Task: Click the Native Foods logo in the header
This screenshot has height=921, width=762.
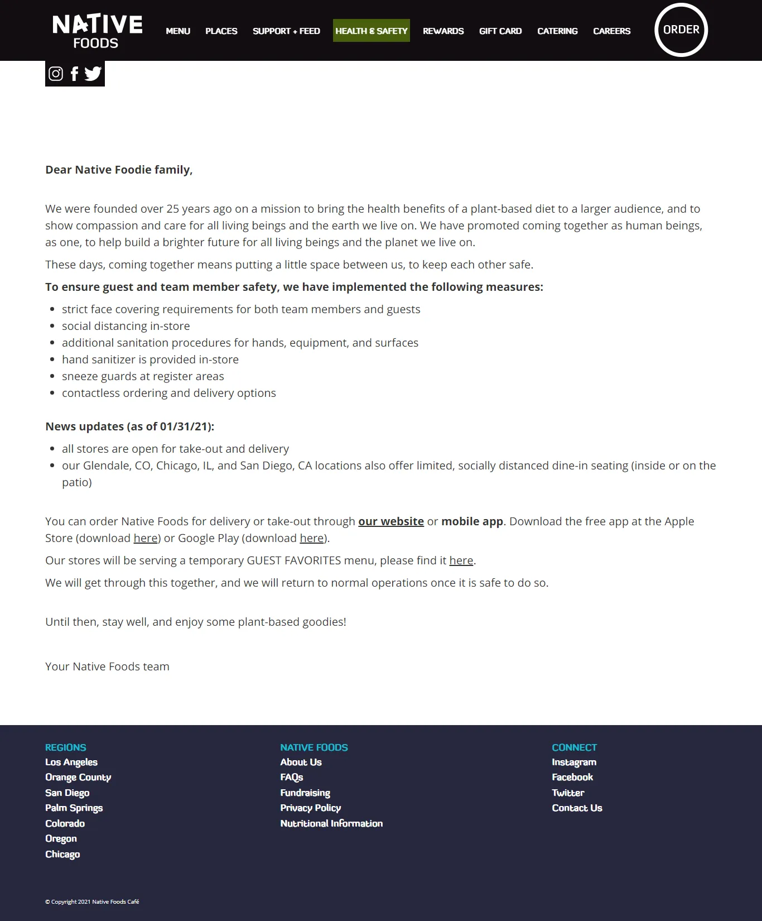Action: pos(97,31)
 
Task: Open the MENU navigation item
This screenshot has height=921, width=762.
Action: pos(178,31)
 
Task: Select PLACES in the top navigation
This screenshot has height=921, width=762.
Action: pos(221,31)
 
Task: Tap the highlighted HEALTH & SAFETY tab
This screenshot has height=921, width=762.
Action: pos(371,31)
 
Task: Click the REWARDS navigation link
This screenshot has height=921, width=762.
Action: pos(443,31)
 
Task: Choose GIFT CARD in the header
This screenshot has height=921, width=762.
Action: pos(500,31)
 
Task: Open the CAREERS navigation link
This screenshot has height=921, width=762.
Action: pos(611,31)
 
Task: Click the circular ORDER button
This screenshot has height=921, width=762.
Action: pos(681,30)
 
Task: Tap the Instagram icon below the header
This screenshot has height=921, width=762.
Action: pos(56,74)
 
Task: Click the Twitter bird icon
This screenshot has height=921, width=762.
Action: pos(93,74)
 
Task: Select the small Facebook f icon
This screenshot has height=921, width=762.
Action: pos(74,74)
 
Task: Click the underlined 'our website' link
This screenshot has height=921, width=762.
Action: pos(390,521)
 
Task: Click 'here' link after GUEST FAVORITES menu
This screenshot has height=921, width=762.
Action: pos(461,560)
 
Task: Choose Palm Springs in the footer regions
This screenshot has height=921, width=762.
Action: pos(74,808)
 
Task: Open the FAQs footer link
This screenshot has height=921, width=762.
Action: pos(291,777)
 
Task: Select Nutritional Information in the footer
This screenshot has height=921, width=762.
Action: pos(331,823)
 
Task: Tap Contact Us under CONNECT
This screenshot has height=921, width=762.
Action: pos(577,808)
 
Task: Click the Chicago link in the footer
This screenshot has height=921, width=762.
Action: pos(62,854)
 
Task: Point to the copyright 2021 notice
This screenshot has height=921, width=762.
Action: pos(92,901)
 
